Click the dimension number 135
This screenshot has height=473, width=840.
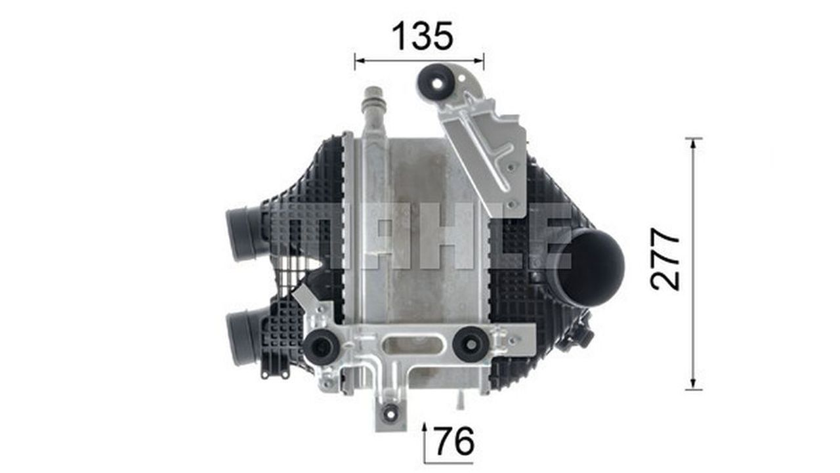click(x=423, y=36)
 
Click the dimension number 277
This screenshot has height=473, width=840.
click(x=665, y=258)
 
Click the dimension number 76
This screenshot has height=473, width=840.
click(x=455, y=441)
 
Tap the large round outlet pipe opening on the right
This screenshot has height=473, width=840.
click(x=591, y=267)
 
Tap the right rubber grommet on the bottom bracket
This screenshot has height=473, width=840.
click(x=471, y=344)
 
